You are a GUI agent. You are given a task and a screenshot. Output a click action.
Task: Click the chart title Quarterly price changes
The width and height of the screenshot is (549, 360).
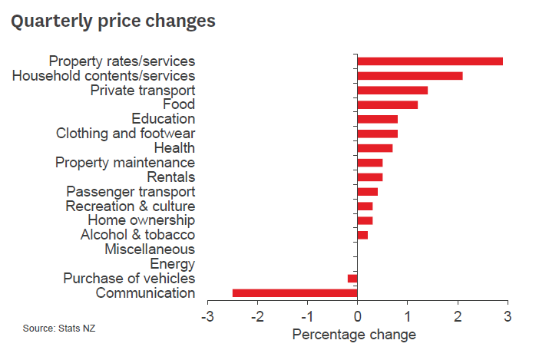[112, 21]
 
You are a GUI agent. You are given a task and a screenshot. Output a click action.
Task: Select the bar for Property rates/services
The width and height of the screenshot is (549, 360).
[430, 61]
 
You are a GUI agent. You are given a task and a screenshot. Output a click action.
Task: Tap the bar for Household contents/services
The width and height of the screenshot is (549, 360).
[410, 75]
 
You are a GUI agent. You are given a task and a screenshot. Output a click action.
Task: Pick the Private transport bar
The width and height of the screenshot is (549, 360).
[392, 90]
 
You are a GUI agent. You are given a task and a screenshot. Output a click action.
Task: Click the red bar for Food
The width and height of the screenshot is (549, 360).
[388, 104]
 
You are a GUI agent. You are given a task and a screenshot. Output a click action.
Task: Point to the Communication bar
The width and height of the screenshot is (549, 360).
[295, 292]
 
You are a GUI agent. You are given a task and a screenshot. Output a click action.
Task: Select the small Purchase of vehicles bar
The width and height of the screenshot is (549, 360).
[353, 278]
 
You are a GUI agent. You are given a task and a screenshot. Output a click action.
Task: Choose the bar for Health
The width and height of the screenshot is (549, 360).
[375, 147]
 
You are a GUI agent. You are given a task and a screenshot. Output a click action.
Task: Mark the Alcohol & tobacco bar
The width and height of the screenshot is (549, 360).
[362, 235]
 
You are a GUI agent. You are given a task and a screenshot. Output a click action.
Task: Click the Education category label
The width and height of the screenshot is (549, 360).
[163, 119]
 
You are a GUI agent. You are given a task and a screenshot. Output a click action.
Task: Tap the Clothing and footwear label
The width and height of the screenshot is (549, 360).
[125, 134]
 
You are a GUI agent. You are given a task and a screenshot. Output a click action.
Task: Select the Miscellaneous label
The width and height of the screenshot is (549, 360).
[149, 249]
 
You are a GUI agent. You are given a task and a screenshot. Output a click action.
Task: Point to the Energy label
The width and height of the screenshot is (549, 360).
[172, 264]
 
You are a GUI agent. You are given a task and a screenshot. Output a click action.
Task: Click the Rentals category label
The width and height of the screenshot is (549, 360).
[170, 177]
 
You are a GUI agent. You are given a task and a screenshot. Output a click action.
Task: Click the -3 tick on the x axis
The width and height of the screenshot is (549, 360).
[206, 316]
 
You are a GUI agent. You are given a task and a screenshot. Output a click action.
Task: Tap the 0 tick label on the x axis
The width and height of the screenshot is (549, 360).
[358, 316]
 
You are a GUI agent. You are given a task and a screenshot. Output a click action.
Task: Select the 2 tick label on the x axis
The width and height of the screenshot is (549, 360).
[458, 316]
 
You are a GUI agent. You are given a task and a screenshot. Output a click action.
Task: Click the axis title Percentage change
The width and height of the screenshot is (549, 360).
[354, 335]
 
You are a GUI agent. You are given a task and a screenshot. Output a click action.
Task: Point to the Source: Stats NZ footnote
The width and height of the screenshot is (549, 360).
[59, 329]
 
